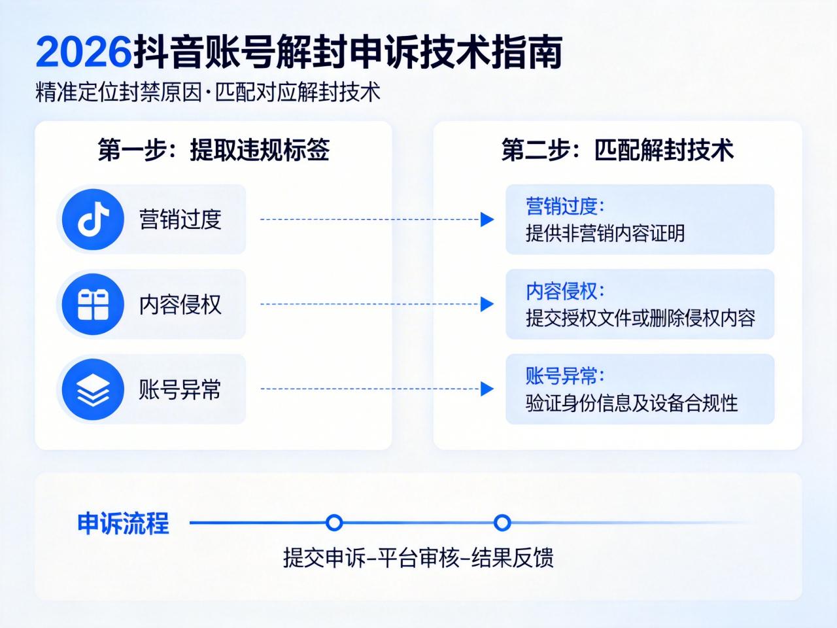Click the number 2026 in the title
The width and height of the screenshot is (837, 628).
(x=83, y=52)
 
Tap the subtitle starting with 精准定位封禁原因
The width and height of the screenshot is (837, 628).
(x=208, y=92)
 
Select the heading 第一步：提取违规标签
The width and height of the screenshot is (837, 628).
(x=213, y=150)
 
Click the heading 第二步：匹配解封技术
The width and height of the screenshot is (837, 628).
(x=617, y=150)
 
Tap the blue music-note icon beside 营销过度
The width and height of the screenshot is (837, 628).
(x=93, y=220)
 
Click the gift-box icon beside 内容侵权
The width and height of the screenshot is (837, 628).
(x=93, y=304)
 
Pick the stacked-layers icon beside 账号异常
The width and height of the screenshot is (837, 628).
(x=93, y=389)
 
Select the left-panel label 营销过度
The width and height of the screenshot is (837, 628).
(x=180, y=220)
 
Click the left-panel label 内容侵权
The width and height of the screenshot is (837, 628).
(x=180, y=305)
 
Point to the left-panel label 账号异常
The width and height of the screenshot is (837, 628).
(x=180, y=390)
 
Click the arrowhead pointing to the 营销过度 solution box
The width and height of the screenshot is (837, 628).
(x=487, y=220)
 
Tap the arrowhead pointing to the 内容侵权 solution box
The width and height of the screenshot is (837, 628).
(x=487, y=304)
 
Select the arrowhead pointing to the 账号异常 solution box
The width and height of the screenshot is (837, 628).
(x=487, y=389)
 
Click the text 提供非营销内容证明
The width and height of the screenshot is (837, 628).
(x=605, y=234)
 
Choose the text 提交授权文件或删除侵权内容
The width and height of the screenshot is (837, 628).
(x=640, y=319)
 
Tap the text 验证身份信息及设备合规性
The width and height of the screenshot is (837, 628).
(x=632, y=404)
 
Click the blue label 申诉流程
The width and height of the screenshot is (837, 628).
(x=123, y=524)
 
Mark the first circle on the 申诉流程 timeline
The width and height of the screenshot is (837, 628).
(x=334, y=523)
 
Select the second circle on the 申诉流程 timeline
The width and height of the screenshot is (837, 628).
(x=502, y=523)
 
